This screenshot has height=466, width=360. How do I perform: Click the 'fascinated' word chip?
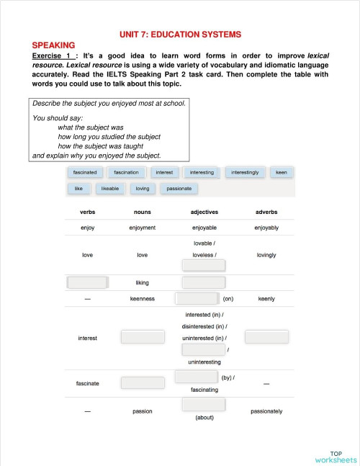[x=85, y=173]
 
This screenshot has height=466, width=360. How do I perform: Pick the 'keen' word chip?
[x=282, y=173]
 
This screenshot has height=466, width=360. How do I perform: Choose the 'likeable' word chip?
[x=110, y=189]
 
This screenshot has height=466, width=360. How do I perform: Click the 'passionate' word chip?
[x=179, y=189]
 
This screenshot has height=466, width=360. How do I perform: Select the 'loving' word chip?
[x=143, y=189]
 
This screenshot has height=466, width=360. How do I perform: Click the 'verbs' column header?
[x=87, y=212]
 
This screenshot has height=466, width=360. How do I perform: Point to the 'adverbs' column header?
[x=266, y=212]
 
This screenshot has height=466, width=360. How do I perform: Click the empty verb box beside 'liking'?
[x=87, y=282]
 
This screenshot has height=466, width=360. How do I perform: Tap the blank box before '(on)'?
[x=197, y=298]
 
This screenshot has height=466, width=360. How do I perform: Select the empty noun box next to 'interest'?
[x=143, y=336]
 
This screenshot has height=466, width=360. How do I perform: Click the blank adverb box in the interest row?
[x=266, y=336]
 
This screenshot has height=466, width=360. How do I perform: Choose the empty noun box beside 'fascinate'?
[x=143, y=382]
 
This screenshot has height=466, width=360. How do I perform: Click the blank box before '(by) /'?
[x=196, y=377]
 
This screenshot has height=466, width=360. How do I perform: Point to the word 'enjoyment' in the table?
[x=143, y=228]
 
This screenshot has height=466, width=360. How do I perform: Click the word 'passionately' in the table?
[x=266, y=411]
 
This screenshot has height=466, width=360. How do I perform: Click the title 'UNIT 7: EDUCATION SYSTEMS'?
[x=180, y=34]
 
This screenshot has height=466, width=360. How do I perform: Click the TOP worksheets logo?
[x=336, y=457]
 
